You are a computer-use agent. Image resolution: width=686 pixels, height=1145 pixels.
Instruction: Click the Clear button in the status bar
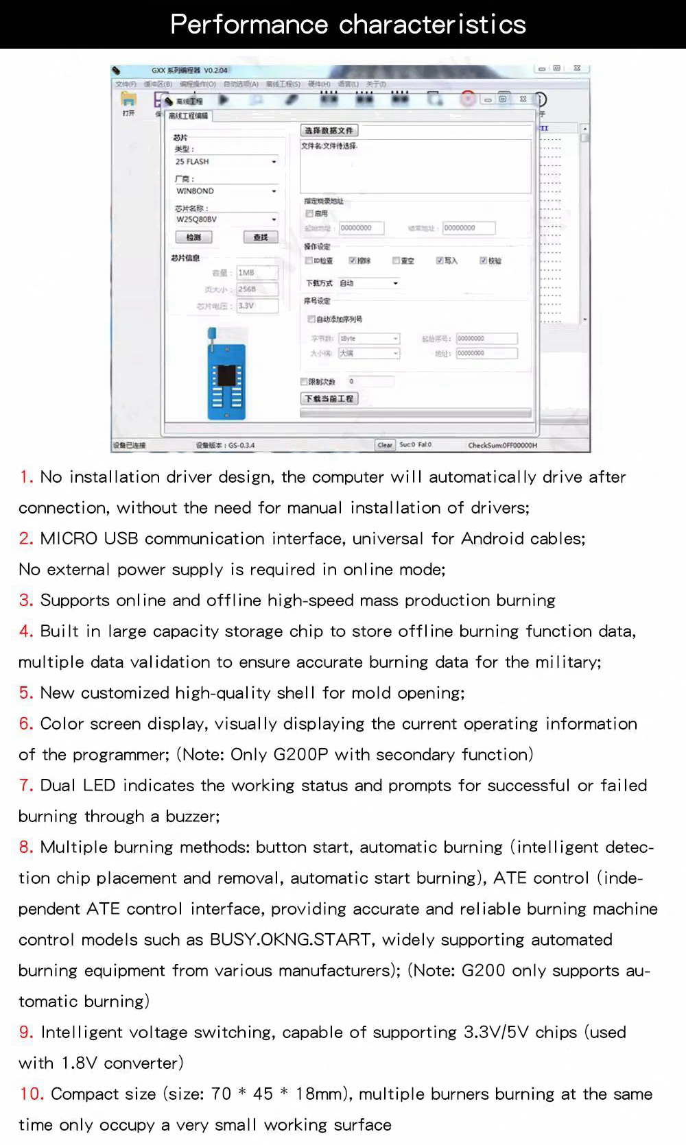[x=385, y=445]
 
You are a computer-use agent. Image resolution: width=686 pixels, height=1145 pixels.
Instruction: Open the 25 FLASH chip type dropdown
[x=226, y=162]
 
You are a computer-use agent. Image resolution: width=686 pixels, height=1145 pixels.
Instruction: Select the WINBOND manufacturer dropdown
[x=226, y=191]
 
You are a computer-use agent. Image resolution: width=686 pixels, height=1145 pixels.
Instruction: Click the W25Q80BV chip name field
[x=226, y=219]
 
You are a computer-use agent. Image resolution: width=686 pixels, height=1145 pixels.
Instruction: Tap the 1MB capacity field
[x=257, y=273]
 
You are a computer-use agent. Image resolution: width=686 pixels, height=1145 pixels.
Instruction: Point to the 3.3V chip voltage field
[x=257, y=306]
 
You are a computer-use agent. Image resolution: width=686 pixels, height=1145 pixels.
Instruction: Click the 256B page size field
[x=257, y=289]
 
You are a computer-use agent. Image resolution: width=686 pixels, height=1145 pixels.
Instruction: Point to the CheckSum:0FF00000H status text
[x=502, y=446]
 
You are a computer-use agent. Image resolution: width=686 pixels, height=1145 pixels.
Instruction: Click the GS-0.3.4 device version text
[x=241, y=446]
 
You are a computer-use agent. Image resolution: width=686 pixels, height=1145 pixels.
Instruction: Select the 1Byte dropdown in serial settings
[x=368, y=339]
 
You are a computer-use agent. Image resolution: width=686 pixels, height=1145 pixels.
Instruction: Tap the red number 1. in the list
[x=26, y=477]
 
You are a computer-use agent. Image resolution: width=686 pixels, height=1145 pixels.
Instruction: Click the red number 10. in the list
[x=32, y=1094]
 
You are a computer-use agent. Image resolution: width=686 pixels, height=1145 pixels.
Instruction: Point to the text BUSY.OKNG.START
[x=290, y=940]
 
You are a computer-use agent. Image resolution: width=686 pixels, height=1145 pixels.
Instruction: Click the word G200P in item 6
[x=300, y=755]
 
